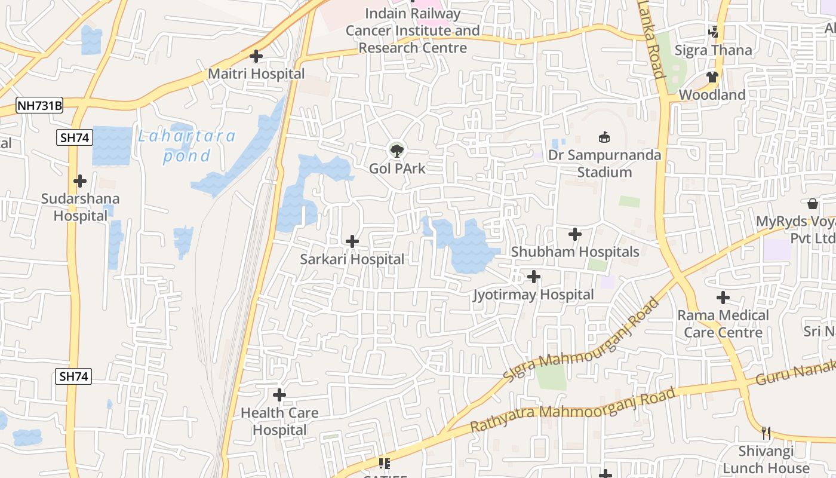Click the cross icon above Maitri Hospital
pos(256,56)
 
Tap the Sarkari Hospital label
pos(352,259)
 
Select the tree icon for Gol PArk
pos(397,150)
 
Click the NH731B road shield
pos(39,106)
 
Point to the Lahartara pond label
pos(187,146)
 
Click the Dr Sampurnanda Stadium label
pos(604,164)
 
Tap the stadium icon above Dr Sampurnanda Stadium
pos(604,137)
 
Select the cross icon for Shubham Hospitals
pos(575,234)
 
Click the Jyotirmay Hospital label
pos(533,295)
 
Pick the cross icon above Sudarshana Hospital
pos(80,180)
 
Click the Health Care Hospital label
pos(279,421)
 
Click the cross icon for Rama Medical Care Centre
pos(723,297)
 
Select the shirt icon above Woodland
pos(712,76)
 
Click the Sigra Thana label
pos(713,50)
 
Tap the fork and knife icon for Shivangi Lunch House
pos(766,433)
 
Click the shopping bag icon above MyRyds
pos(813,204)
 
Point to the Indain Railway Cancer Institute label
pos(413,30)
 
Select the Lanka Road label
pos(651,40)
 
